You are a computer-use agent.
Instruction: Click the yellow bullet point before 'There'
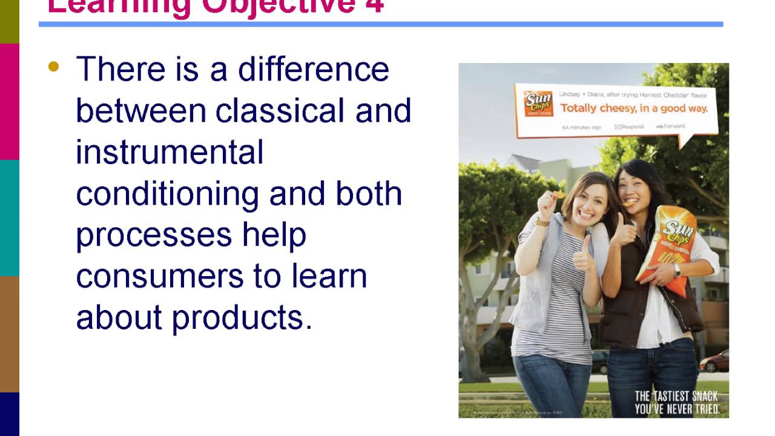click(54, 67)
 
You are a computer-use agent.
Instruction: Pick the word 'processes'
click(154, 235)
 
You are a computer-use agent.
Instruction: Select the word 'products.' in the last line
click(242, 317)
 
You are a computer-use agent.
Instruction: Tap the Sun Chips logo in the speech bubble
click(538, 104)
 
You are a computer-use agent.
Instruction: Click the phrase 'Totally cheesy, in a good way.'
click(633, 108)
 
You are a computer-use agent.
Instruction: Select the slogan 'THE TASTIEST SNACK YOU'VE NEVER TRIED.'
click(676, 403)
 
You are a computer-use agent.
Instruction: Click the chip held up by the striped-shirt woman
click(559, 194)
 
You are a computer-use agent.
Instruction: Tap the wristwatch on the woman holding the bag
click(676, 270)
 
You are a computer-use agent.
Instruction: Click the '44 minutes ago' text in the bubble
click(581, 127)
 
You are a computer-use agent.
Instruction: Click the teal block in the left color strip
click(9, 218)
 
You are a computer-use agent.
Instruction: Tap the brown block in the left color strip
click(9, 334)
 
